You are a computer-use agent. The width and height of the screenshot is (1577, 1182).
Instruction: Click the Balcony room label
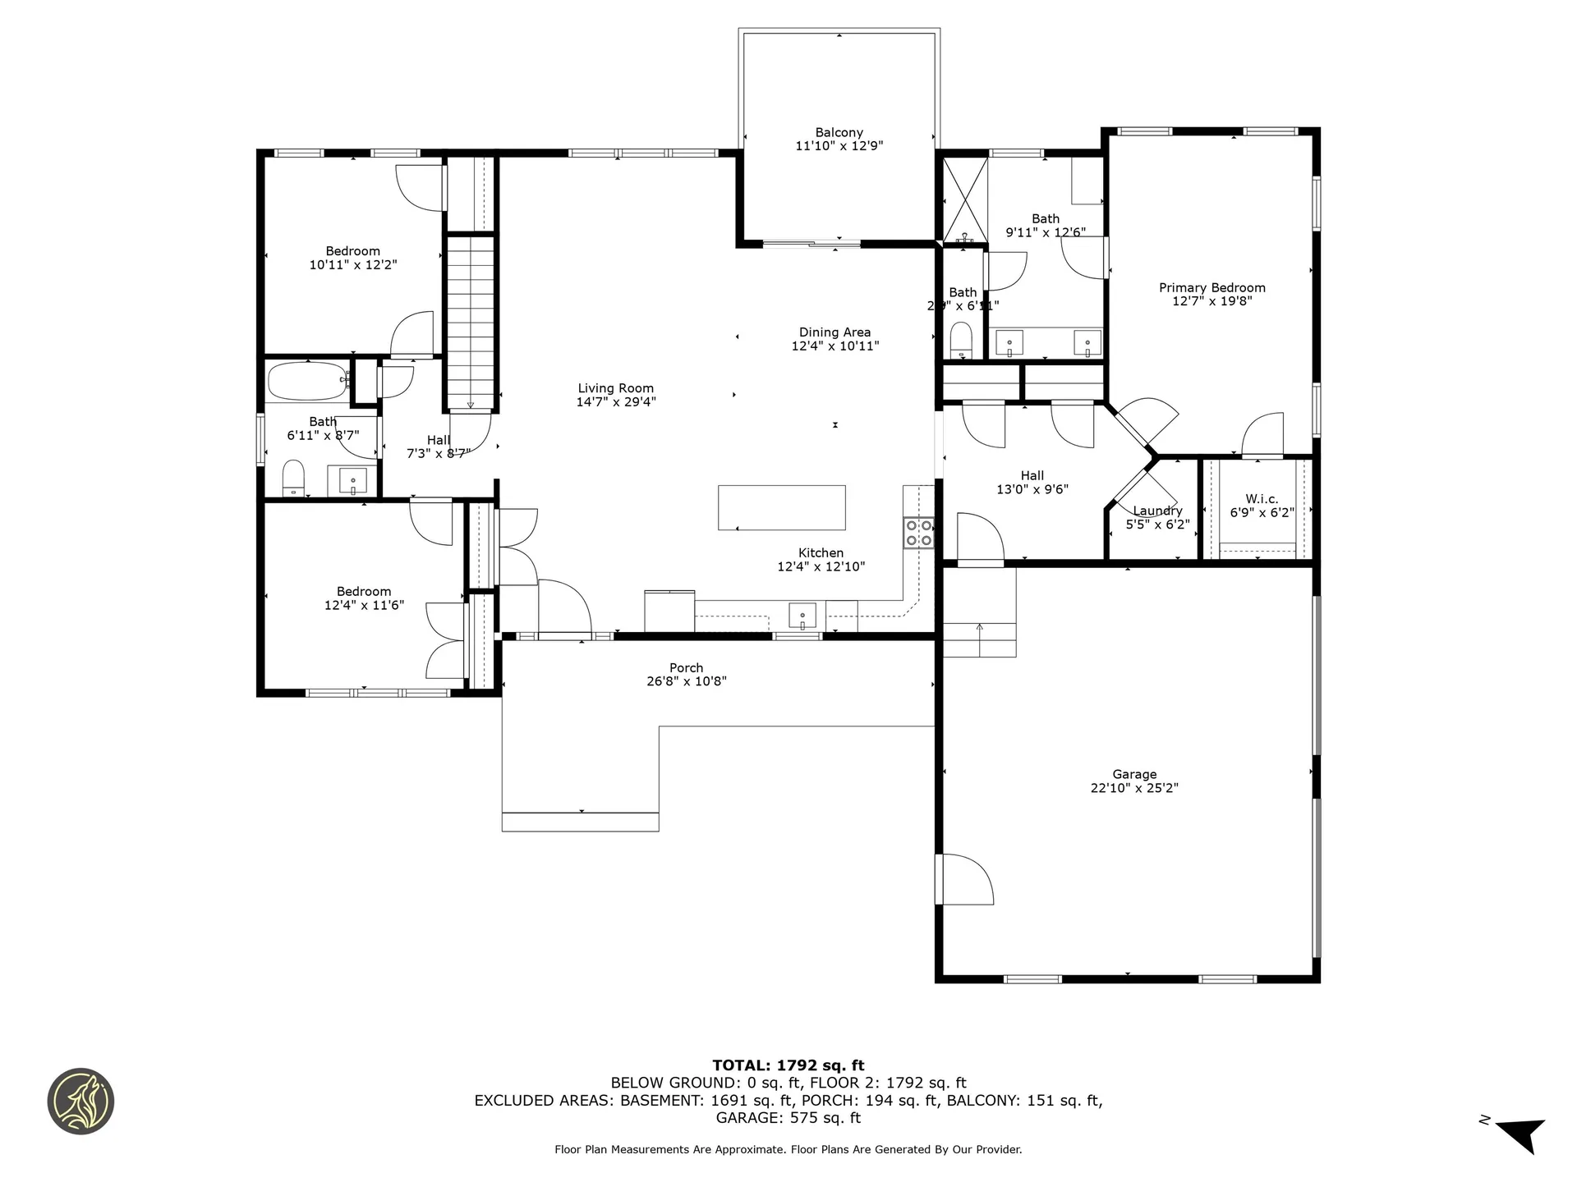(x=839, y=132)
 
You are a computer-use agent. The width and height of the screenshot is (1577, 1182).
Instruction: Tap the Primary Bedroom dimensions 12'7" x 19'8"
(x=1211, y=301)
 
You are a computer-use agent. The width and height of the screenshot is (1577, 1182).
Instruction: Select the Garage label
(x=1134, y=774)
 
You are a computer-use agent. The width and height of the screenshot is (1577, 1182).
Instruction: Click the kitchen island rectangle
(x=781, y=507)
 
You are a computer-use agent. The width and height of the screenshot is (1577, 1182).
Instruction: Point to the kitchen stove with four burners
(x=918, y=532)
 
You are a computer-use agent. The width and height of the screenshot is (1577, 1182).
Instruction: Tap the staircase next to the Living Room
(x=471, y=322)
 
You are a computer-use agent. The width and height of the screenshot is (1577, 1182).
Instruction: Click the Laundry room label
(x=1157, y=511)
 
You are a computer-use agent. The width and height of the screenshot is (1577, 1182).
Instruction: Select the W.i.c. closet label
(x=1262, y=499)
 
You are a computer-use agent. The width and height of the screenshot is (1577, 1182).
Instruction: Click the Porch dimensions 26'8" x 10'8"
(x=686, y=681)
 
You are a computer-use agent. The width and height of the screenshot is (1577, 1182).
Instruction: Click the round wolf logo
(x=80, y=1102)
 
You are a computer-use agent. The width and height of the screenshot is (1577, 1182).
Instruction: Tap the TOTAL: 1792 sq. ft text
(x=788, y=1065)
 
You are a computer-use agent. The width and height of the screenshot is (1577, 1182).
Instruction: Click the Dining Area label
(x=834, y=332)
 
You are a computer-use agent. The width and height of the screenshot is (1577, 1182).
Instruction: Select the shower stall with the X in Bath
(x=963, y=200)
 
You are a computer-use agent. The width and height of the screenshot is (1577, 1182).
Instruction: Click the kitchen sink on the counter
(x=802, y=614)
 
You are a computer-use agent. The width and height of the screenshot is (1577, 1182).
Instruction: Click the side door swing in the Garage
(x=966, y=879)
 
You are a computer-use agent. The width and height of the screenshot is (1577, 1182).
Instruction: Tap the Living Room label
(x=615, y=388)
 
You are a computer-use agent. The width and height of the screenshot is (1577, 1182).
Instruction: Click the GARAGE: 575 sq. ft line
(x=788, y=1118)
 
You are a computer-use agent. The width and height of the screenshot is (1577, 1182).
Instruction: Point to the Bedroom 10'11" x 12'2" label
(x=352, y=251)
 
